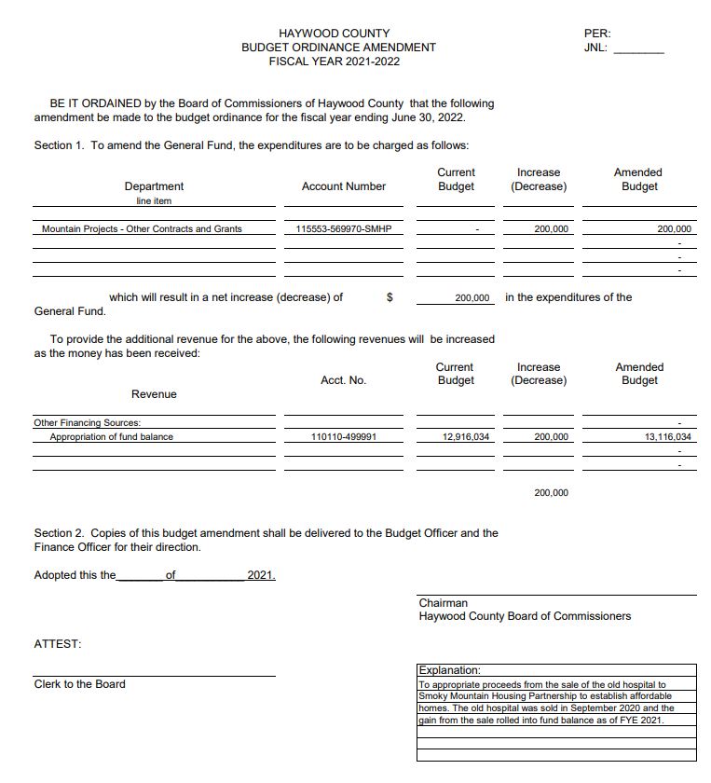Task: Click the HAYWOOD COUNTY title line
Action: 335,34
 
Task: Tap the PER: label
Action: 596,34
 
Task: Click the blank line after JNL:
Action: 638,48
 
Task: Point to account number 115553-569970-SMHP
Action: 343,229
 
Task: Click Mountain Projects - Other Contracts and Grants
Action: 142,229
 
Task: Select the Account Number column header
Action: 343,186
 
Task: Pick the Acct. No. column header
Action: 343,380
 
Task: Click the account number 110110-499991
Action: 343,437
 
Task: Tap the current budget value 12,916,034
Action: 466,437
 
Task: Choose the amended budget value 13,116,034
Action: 668,437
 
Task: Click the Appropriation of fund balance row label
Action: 111,437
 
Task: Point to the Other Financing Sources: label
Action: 87,423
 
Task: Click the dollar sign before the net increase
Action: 390,298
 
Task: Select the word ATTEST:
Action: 57,644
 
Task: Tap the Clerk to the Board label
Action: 79,684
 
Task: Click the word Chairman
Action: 444,603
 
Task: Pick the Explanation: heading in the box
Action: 450,670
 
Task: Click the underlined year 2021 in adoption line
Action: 261,575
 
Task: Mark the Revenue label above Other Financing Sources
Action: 154,394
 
